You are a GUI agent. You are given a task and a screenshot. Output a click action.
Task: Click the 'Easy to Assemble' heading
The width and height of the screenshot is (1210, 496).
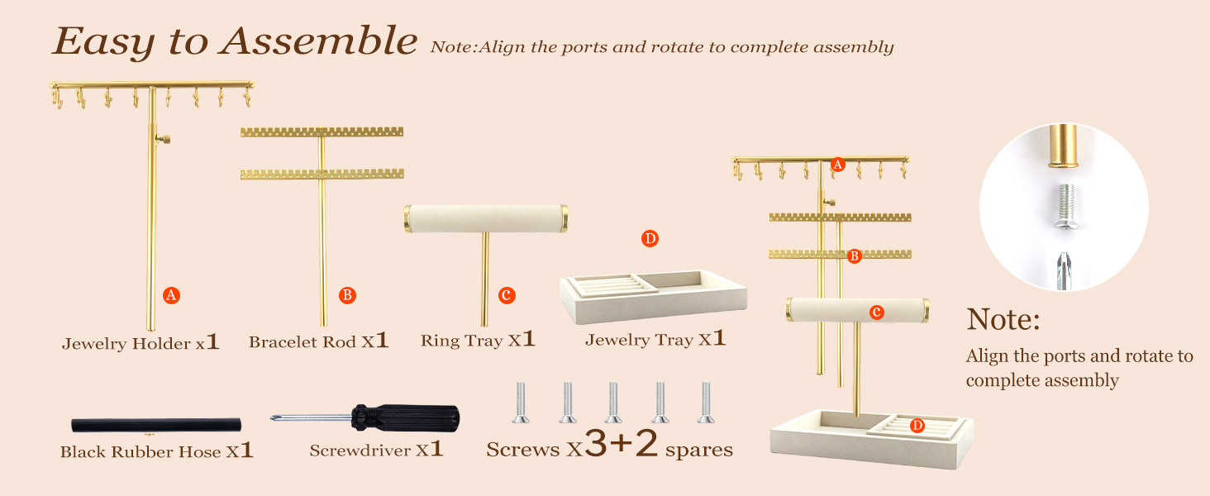(x=234, y=41)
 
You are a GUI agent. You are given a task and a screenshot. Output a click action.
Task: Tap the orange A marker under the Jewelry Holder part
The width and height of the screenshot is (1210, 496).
(x=171, y=295)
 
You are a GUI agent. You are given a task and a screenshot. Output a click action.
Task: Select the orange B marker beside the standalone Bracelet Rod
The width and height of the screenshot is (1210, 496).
(x=347, y=295)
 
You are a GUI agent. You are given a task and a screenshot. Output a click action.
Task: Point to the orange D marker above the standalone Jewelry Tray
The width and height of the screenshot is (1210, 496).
(x=650, y=239)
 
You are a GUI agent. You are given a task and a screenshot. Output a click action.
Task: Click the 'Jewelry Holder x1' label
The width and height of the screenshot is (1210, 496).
(x=141, y=342)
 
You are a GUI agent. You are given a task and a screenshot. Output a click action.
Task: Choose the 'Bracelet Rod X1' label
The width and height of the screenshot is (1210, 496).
(x=318, y=341)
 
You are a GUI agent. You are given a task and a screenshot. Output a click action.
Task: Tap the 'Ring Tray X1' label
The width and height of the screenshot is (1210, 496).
(x=478, y=340)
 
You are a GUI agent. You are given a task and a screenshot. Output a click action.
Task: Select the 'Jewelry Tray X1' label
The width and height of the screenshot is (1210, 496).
(x=655, y=339)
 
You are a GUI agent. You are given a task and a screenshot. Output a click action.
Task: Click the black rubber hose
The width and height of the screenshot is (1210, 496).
(x=156, y=425)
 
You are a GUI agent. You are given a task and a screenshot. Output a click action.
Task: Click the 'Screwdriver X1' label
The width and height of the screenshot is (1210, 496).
(x=376, y=451)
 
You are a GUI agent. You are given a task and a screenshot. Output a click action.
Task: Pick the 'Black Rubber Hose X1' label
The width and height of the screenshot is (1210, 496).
(x=156, y=451)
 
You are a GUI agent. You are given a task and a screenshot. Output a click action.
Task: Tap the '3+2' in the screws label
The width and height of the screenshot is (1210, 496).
(x=621, y=446)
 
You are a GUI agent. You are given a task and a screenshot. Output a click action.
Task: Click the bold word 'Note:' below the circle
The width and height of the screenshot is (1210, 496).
(x=1003, y=319)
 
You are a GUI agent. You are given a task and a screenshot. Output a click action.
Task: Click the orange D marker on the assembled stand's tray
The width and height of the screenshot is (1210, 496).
(x=917, y=426)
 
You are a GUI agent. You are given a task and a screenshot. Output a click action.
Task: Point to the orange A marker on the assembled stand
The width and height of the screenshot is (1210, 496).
(x=837, y=165)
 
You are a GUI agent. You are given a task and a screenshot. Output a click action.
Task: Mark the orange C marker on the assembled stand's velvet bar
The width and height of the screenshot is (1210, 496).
(x=876, y=312)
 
